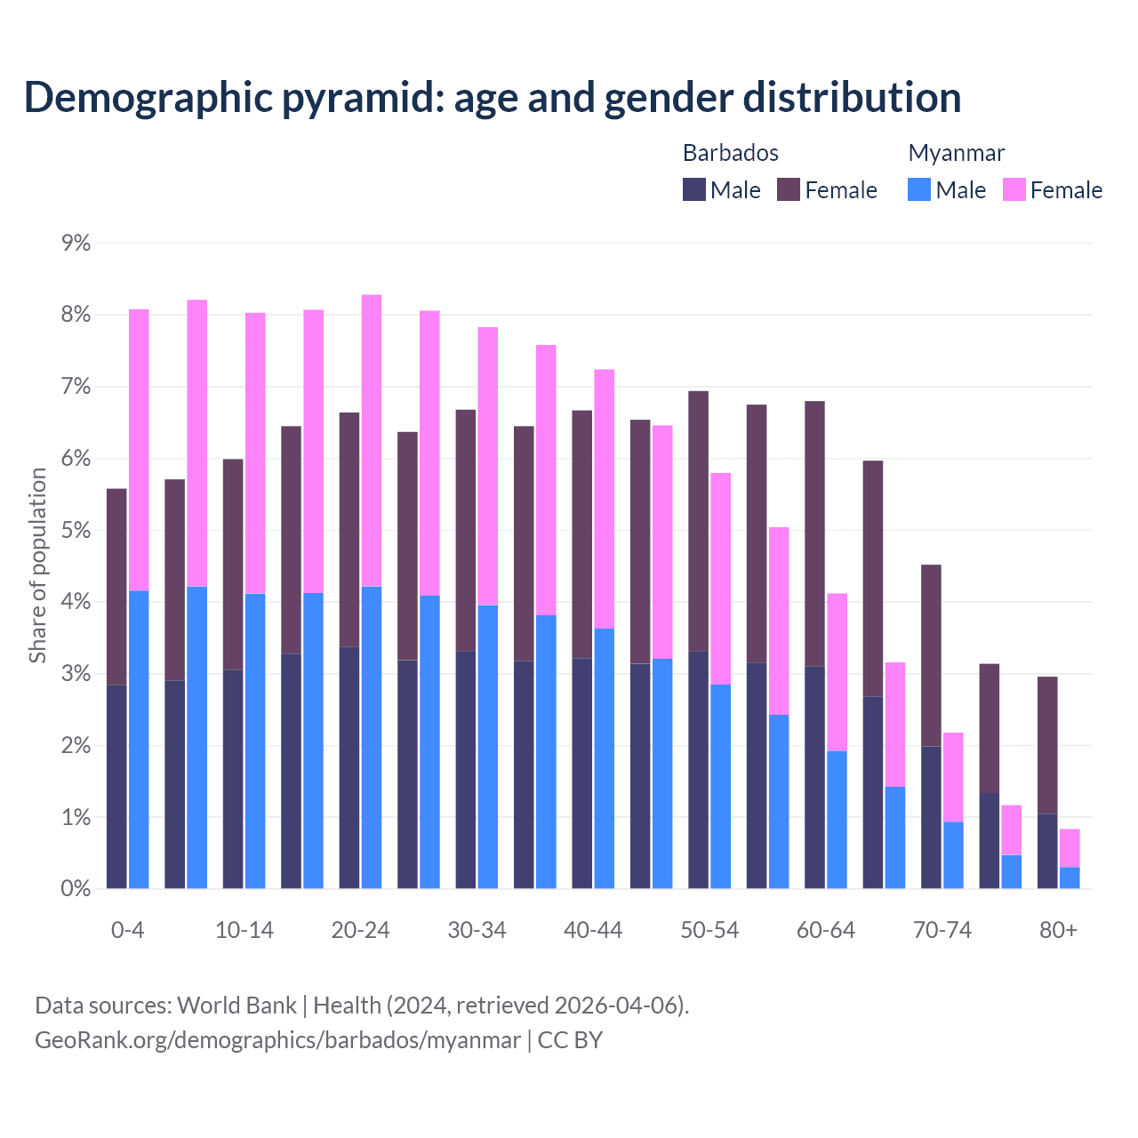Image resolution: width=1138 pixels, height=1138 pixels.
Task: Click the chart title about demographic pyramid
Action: [x=493, y=97]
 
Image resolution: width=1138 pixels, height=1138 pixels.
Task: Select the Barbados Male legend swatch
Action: [x=694, y=189]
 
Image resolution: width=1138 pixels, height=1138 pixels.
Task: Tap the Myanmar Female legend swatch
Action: [x=1014, y=189]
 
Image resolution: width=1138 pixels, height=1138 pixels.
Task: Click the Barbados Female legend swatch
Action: [x=789, y=189]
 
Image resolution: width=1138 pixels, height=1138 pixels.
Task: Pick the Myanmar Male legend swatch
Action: [x=919, y=189]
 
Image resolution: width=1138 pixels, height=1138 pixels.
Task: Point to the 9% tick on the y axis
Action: [x=76, y=244]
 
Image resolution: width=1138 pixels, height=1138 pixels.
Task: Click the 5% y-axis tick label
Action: [x=76, y=531]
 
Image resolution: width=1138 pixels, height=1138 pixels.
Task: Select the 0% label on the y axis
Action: [x=76, y=889]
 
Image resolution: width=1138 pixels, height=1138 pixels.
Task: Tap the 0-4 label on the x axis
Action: [x=127, y=930]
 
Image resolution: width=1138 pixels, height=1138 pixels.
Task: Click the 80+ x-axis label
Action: [x=1058, y=930]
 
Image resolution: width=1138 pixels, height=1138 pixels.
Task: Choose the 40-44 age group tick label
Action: [x=593, y=930]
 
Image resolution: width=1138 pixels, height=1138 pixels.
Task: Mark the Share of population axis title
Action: [x=37, y=565]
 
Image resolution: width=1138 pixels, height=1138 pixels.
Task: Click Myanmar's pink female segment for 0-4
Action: [x=139, y=450]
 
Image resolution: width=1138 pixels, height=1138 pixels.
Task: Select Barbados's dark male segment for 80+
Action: [x=1047, y=851]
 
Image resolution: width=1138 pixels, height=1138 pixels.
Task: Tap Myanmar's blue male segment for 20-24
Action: [x=372, y=738]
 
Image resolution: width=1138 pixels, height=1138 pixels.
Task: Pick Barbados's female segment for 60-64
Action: [x=814, y=533]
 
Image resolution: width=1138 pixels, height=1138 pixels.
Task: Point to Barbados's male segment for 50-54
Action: [x=698, y=770]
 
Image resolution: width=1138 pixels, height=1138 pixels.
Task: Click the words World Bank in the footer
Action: [x=236, y=1006]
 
